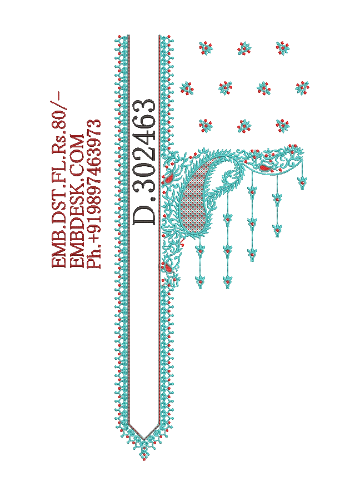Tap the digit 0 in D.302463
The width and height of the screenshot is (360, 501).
[144, 173]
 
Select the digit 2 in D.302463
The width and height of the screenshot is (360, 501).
[144, 156]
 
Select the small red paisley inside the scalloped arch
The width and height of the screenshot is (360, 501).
[264, 167]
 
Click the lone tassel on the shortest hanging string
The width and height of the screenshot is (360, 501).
[302, 183]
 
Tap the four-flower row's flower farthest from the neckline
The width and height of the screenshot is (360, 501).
[302, 87]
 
